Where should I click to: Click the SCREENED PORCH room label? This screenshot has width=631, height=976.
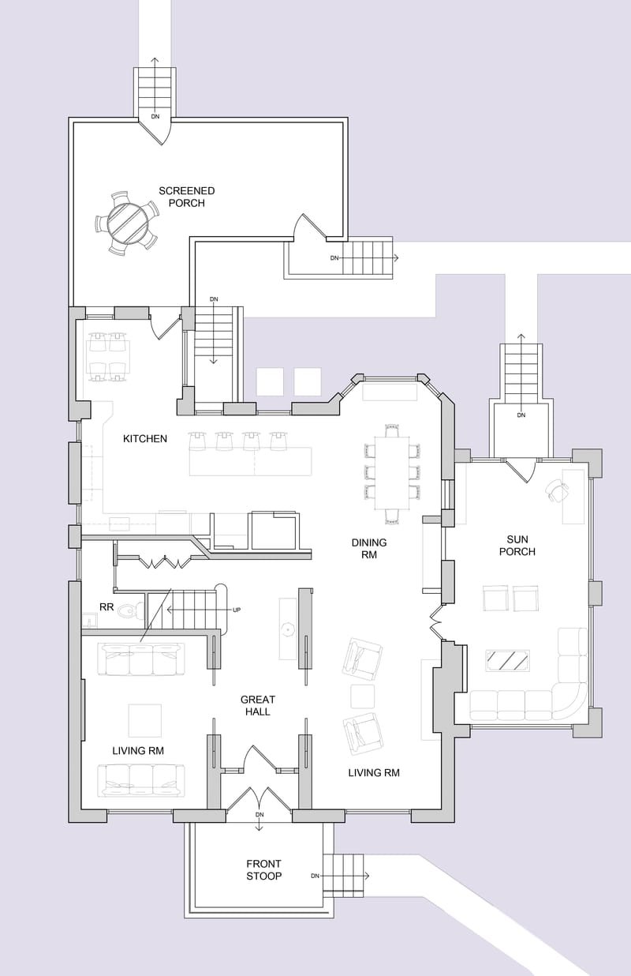pos(186,197)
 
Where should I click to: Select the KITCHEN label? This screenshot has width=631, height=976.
pos(145,438)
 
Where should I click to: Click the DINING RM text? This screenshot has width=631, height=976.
pos(369,548)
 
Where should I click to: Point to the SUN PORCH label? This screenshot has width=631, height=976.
pos(517,545)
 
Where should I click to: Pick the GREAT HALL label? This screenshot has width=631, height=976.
pos(258,705)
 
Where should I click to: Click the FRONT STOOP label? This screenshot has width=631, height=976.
pos(263,869)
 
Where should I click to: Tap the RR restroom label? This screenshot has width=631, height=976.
pos(106,607)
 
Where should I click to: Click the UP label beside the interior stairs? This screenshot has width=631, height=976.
pos(236,610)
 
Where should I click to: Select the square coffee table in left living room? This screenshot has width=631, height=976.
pos(145,720)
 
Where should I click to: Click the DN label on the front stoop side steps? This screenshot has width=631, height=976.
pos(315,876)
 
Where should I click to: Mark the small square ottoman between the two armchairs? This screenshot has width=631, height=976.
pos(362,696)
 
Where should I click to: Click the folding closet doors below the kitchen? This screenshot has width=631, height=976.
pos(166,562)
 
